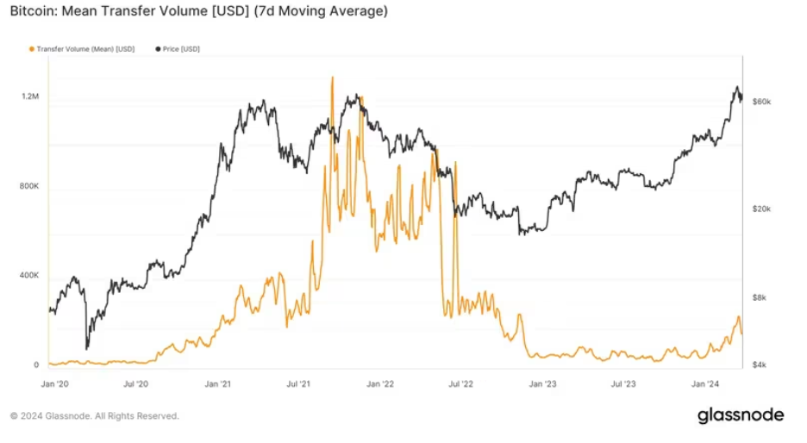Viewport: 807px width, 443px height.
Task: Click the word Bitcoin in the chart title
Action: (33, 12)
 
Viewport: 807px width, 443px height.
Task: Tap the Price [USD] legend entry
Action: (180, 49)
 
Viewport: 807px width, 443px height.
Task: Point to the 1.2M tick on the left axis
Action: (30, 97)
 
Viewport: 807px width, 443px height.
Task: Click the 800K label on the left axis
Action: (30, 186)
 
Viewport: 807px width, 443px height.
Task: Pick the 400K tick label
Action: (30, 276)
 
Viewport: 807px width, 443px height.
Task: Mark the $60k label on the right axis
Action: (761, 102)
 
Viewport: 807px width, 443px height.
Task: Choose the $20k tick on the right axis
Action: (761, 209)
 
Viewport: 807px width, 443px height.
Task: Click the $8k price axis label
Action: (759, 297)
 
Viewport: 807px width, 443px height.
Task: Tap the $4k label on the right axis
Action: (759, 365)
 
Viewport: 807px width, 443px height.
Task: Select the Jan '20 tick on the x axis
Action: (54, 383)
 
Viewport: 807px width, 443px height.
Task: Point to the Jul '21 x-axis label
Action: (298, 383)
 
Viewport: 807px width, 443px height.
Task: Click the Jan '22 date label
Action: (380, 383)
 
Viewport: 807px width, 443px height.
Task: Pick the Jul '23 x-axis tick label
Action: (623, 383)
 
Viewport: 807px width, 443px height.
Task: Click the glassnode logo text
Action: (741, 415)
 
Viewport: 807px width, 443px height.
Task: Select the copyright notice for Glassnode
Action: (95, 416)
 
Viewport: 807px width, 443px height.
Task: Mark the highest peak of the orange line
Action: (332, 78)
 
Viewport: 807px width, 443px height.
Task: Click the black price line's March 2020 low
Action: (87, 347)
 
